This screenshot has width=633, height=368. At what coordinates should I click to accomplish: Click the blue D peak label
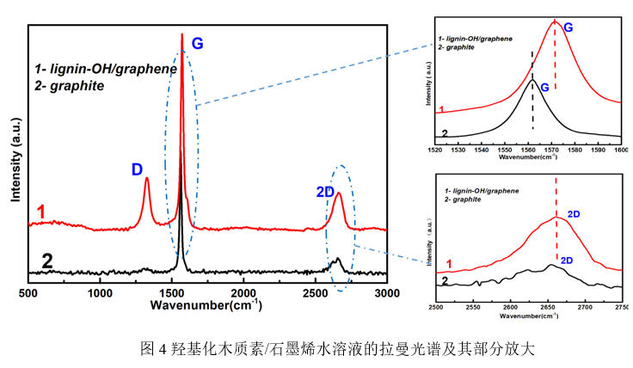pyautogui.click(x=137, y=169)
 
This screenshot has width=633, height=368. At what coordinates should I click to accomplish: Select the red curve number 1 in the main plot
pyautogui.click(x=40, y=212)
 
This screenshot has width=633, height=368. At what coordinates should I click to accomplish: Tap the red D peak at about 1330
pyautogui.click(x=147, y=181)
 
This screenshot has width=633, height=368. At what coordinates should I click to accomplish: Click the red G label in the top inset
pyautogui.click(x=568, y=28)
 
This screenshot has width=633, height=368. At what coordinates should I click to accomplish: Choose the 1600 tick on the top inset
pyautogui.click(x=620, y=150)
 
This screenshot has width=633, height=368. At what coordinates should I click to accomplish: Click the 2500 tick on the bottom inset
pyautogui.click(x=436, y=306)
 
